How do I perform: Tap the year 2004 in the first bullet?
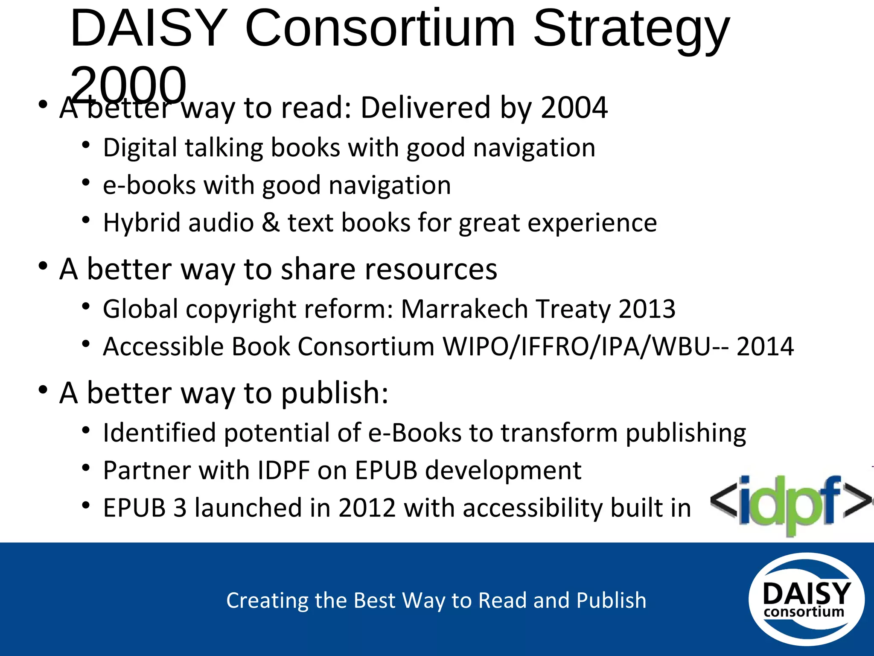point(574,108)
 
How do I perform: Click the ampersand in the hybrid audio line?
point(271,223)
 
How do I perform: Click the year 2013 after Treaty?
point(647,309)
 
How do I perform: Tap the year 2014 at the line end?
point(765,346)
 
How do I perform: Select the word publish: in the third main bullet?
point(335,393)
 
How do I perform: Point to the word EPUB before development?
point(386,471)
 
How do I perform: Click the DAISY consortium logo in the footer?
point(806,599)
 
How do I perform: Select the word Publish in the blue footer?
point(611,600)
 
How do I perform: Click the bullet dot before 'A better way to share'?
point(43,266)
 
